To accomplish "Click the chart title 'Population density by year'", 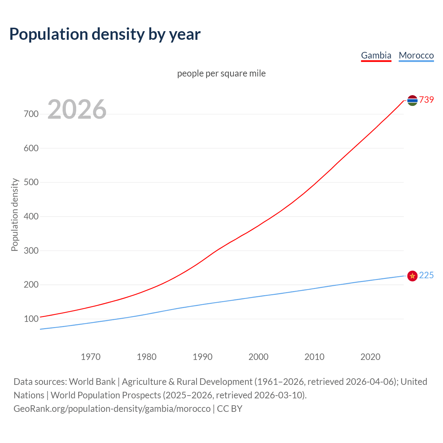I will click(105, 34).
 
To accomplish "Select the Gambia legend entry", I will click(376, 55).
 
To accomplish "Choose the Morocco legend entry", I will click(416, 55).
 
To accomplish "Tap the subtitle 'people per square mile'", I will click(221, 73).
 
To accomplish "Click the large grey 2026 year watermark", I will click(77, 109).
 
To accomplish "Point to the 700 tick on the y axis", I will click(31, 114).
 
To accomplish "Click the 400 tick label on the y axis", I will click(31, 216).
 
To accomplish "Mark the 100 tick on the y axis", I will click(31, 319).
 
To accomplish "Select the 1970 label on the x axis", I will click(91, 357).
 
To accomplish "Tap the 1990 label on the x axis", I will click(202, 357).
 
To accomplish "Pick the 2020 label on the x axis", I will click(370, 357).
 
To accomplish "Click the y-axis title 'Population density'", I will click(15, 215).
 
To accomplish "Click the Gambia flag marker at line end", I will click(412, 100).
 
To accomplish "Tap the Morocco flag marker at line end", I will click(412, 276).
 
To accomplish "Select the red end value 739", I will click(426, 100).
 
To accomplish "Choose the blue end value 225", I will click(426, 275).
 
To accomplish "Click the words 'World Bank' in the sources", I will click(92, 382).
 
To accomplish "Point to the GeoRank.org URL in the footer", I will click(112, 409).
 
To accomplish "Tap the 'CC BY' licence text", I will click(229, 409).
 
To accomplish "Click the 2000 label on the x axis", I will click(259, 357).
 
